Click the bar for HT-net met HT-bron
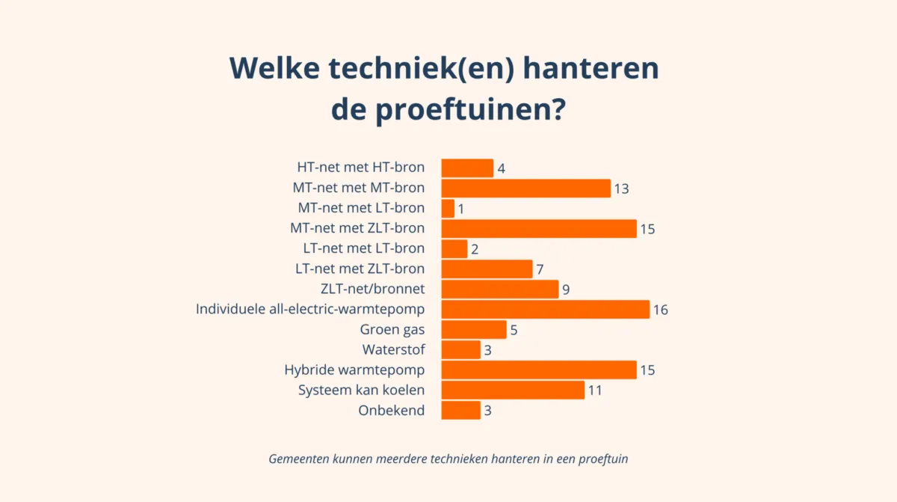(x=467, y=168)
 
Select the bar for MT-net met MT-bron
(x=525, y=188)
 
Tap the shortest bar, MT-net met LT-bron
(x=448, y=208)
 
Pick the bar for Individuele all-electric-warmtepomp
(x=545, y=309)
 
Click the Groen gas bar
(x=473, y=329)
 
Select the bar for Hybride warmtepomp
(x=538, y=370)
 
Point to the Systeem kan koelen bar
(x=513, y=390)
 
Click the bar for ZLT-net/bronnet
(x=499, y=289)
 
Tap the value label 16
(x=659, y=310)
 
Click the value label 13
(x=620, y=189)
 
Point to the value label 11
(x=594, y=391)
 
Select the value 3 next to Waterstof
(x=487, y=350)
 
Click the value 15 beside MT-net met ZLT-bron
(x=647, y=229)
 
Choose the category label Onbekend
(x=391, y=410)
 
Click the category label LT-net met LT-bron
(x=360, y=248)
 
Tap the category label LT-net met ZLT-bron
(x=360, y=269)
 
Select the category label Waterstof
(x=393, y=349)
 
